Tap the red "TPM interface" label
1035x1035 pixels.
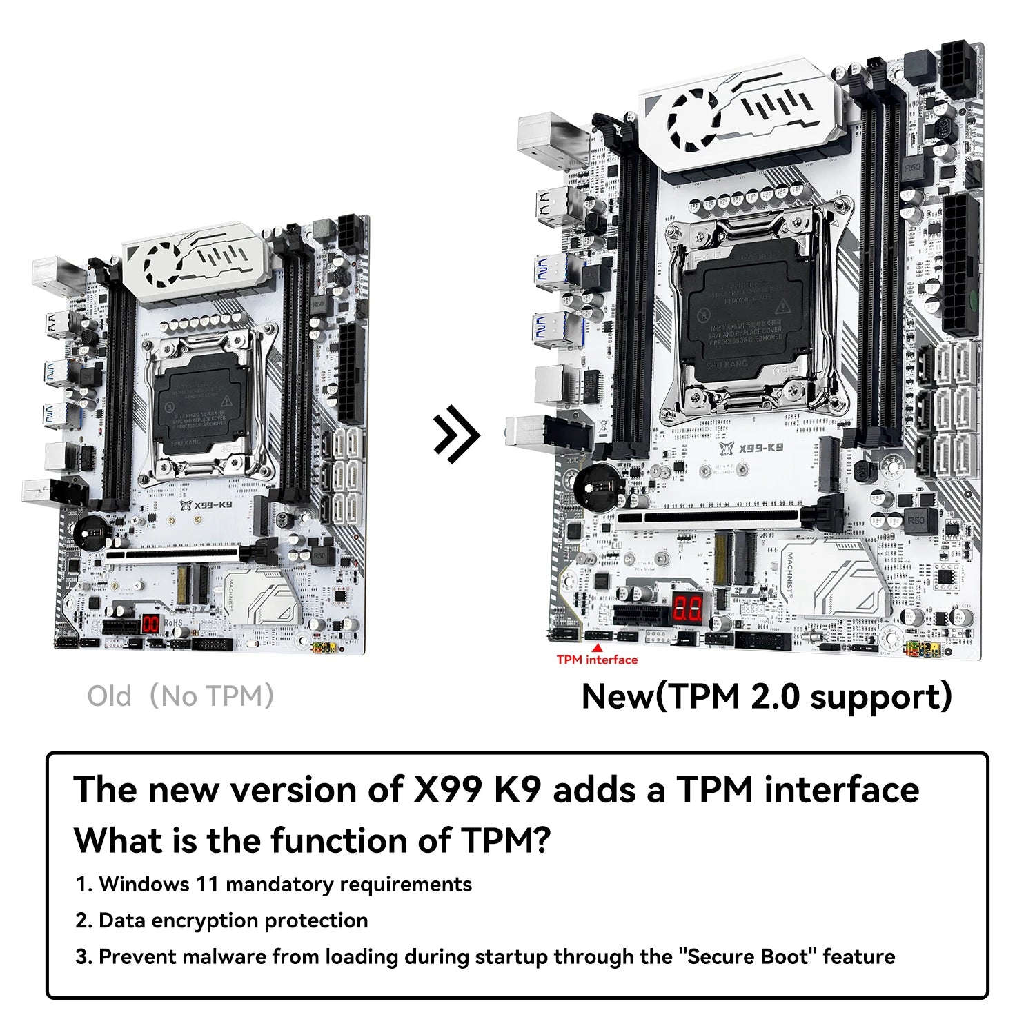click(x=597, y=660)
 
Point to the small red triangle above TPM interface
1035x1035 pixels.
click(x=598, y=647)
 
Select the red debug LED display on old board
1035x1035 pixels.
click(x=150, y=624)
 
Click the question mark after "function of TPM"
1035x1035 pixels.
click(x=542, y=840)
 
